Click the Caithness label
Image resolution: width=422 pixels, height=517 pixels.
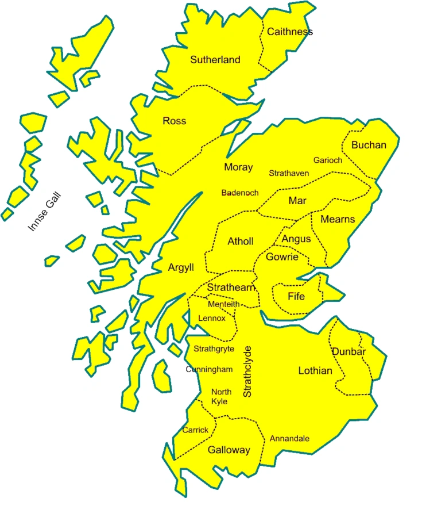pyautogui.click(x=290, y=32)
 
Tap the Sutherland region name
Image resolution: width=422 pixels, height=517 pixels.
pyautogui.click(x=215, y=60)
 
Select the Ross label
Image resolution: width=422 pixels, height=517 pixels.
pyautogui.click(x=175, y=121)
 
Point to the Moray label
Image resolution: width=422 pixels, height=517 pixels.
pyautogui.click(x=238, y=167)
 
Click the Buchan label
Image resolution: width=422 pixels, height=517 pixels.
pyautogui.click(x=369, y=145)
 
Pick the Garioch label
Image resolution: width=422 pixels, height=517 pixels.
pyautogui.click(x=328, y=160)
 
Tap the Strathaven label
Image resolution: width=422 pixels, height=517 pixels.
pyautogui.click(x=289, y=173)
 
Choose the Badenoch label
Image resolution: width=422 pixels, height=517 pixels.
pyautogui.click(x=240, y=193)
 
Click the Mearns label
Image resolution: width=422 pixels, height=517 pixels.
pyautogui.click(x=338, y=219)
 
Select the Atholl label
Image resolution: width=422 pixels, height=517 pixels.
pyautogui.click(x=240, y=242)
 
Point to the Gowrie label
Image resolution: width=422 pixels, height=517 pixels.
pyautogui.click(x=282, y=256)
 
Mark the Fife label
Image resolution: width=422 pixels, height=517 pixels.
pyautogui.click(x=296, y=296)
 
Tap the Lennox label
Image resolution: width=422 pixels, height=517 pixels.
pyautogui.click(x=211, y=318)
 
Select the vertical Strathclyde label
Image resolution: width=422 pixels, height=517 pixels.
pyautogui.click(x=247, y=372)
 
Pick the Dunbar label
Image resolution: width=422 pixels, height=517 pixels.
pyautogui.click(x=349, y=352)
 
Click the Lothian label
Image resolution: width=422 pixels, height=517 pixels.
pyautogui.click(x=315, y=371)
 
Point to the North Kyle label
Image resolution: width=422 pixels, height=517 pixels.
pyautogui.click(x=221, y=396)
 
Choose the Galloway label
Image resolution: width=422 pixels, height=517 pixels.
pyautogui.click(x=229, y=450)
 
